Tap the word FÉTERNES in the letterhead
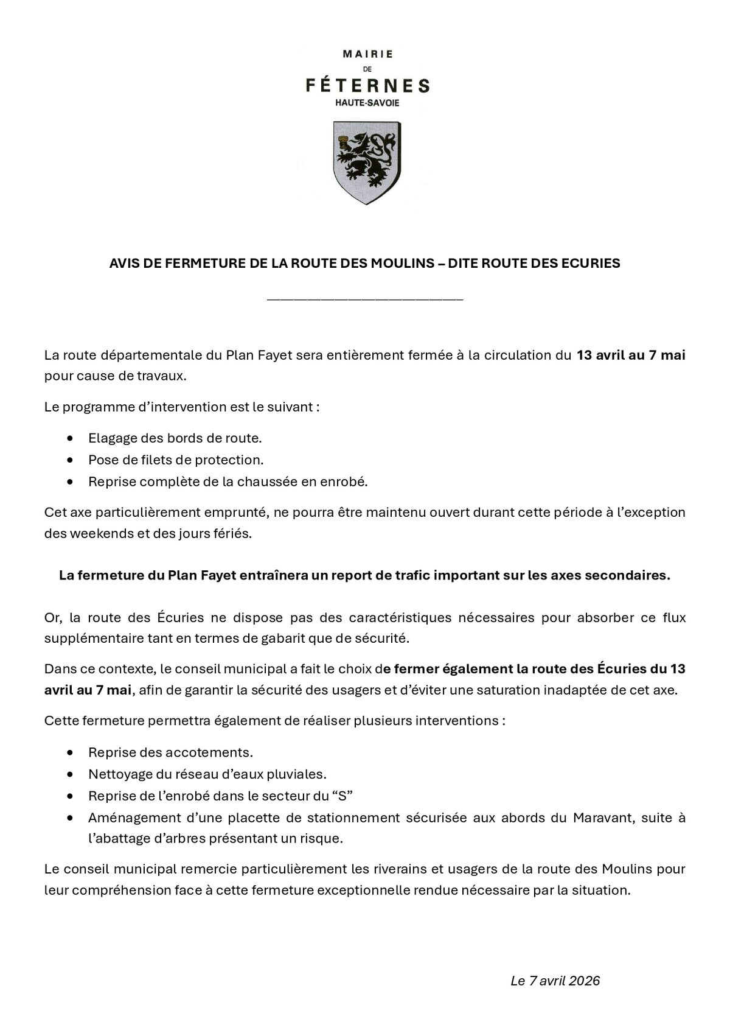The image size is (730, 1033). tap(367, 86)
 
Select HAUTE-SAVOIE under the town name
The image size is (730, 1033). tap(367, 103)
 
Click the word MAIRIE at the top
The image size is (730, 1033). tap(367, 54)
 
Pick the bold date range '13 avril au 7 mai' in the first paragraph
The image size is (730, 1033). tap(631, 355)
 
